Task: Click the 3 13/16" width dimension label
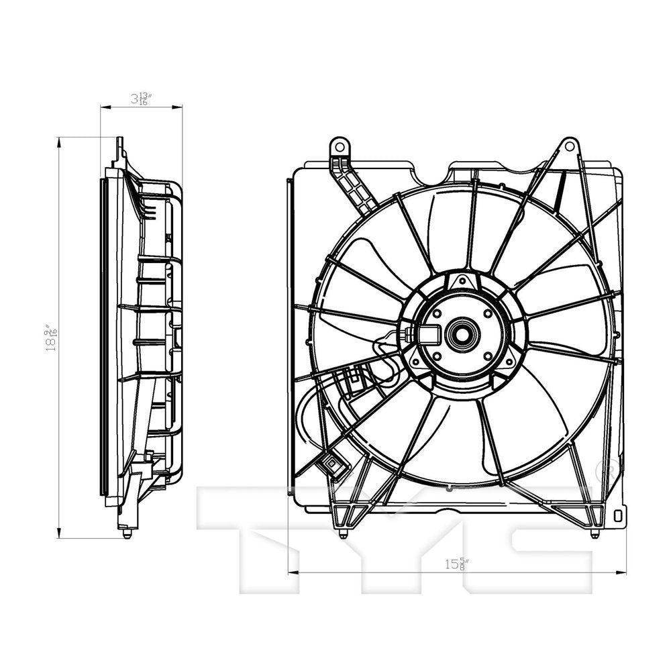click(142, 99)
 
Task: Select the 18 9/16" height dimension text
click(50, 339)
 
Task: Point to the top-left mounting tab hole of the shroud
click(340, 146)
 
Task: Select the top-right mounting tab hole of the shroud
click(569, 145)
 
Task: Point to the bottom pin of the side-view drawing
click(127, 534)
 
